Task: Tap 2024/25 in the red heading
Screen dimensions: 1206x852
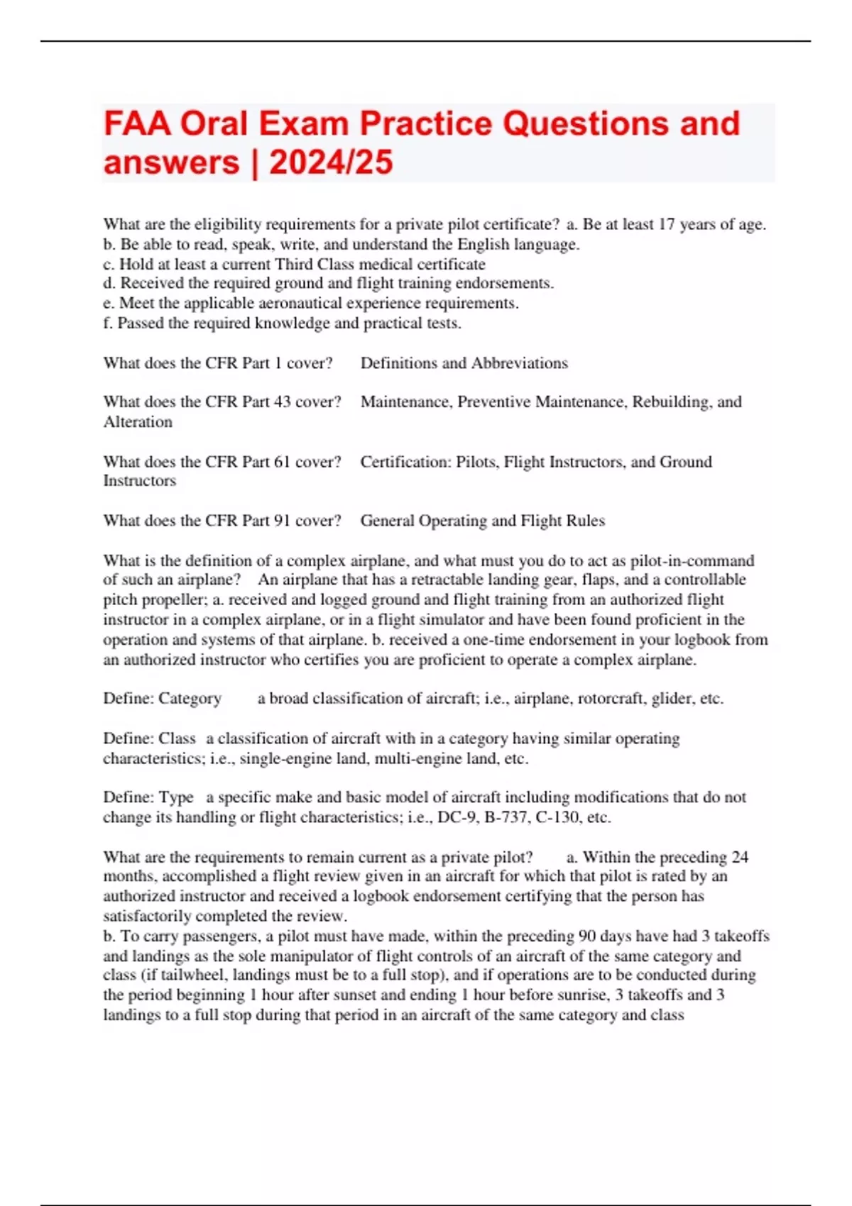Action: tap(331, 162)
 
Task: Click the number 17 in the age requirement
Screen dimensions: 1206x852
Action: tap(666, 225)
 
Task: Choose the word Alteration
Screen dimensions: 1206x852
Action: tap(138, 422)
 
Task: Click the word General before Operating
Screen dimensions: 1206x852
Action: tap(387, 521)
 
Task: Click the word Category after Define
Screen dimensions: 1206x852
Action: tap(190, 699)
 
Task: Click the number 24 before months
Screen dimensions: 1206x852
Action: tap(740, 857)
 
